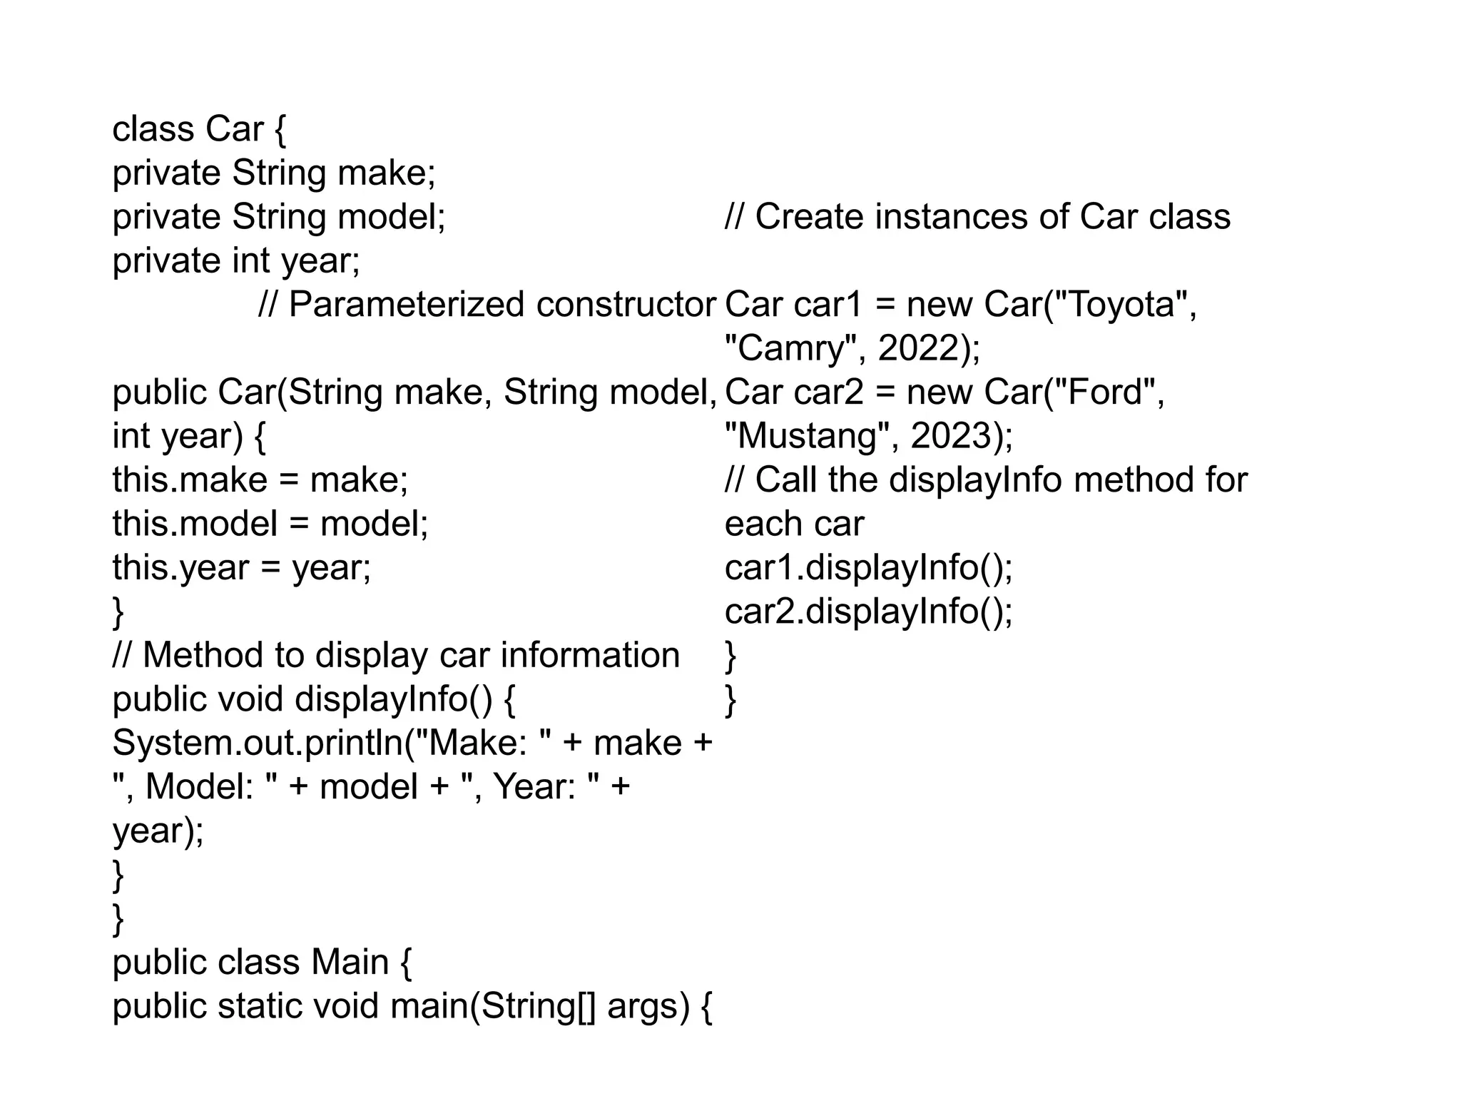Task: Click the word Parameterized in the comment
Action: pyautogui.click(x=407, y=305)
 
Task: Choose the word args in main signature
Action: pyautogui.click(x=648, y=1006)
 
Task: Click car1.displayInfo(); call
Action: pyautogui.click(x=868, y=568)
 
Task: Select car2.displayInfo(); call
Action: pyautogui.click(x=868, y=612)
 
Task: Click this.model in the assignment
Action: pyautogui.click(x=194, y=524)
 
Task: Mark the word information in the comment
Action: pyautogui.click(x=590, y=655)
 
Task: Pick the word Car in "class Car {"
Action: pyautogui.click(x=234, y=129)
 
